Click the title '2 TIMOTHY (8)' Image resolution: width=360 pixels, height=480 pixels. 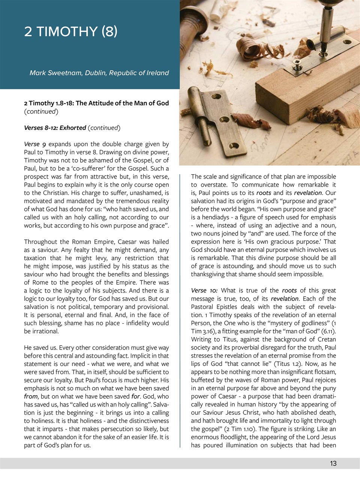[70, 31]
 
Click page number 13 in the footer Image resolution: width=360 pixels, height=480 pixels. [333, 463]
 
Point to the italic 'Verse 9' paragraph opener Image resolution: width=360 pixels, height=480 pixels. [35, 144]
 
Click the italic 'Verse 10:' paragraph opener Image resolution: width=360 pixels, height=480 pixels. [204, 290]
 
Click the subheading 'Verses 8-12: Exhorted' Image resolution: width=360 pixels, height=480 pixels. [55, 127]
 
